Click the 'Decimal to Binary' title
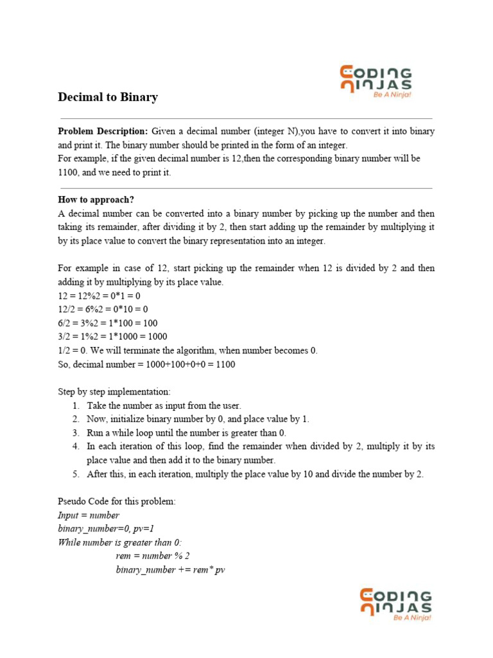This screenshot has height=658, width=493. [x=108, y=98]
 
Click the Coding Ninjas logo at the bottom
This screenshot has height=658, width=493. [x=395, y=605]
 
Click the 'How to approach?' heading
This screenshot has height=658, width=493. [x=96, y=199]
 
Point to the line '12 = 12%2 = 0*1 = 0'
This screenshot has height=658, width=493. [x=99, y=296]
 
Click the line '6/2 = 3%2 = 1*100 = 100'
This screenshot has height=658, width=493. [x=108, y=323]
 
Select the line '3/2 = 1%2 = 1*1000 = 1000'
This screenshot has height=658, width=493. [x=113, y=336]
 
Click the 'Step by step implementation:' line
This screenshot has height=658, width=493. [x=115, y=391]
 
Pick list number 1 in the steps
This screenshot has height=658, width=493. [x=76, y=405]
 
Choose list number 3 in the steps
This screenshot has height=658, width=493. [x=76, y=432]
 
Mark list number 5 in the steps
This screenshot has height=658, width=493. [x=76, y=474]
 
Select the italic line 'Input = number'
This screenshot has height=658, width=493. [x=89, y=515]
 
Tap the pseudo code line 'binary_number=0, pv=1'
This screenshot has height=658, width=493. [x=106, y=529]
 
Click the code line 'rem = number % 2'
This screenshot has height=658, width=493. [x=153, y=556]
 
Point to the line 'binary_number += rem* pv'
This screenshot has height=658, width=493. [x=171, y=570]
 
